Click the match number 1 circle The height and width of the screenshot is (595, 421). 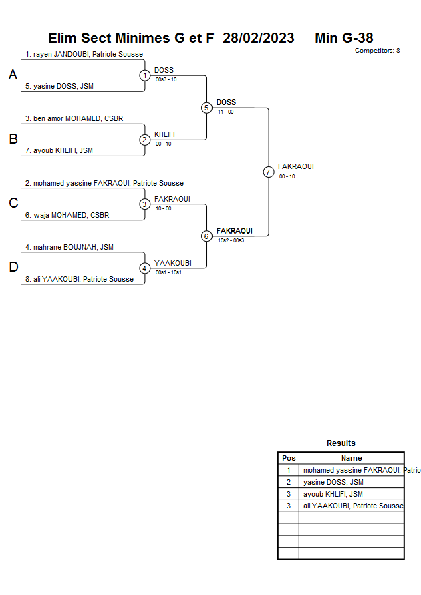(145, 75)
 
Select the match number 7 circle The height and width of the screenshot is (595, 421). (269, 172)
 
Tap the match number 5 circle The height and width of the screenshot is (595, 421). (206, 108)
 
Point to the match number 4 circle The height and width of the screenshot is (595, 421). (145, 268)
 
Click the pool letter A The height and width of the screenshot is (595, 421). (13, 75)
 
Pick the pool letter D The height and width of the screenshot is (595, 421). (13, 268)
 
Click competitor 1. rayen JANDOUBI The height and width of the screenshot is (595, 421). (84, 54)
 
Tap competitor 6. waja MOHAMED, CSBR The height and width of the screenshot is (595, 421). (67, 215)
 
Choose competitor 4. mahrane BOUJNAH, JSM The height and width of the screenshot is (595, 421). (69, 247)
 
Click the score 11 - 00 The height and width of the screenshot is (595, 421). (225, 112)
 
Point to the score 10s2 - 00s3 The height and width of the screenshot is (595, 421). (231, 240)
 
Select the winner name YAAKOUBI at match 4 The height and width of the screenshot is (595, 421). (172, 263)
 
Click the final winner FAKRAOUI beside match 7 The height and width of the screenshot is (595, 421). (295, 166)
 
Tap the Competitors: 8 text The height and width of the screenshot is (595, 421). (377, 51)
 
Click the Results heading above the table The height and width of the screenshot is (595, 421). (341, 443)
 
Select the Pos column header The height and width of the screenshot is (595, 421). (289, 458)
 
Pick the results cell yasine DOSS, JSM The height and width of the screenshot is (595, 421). (333, 482)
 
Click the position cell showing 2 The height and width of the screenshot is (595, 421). (289, 482)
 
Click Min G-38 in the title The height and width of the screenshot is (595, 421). (343, 38)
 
